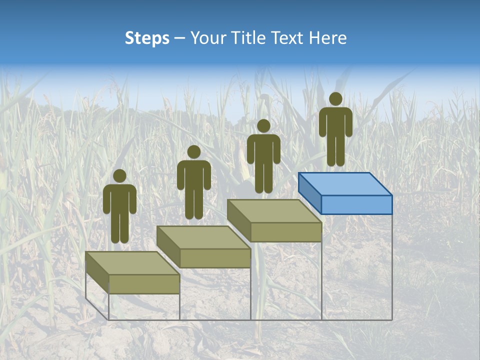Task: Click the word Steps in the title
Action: pos(147,38)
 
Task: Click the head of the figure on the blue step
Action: pos(335,99)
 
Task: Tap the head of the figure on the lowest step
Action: pos(119,176)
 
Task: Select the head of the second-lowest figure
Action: pos(193,152)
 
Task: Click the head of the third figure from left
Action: pos(263,126)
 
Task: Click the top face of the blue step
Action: pos(345,184)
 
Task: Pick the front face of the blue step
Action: pos(356,204)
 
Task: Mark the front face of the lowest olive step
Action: pos(144,284)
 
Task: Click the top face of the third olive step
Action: pos(274,211)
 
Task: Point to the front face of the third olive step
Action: pos(286,232)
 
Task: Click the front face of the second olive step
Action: pos(215,258)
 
